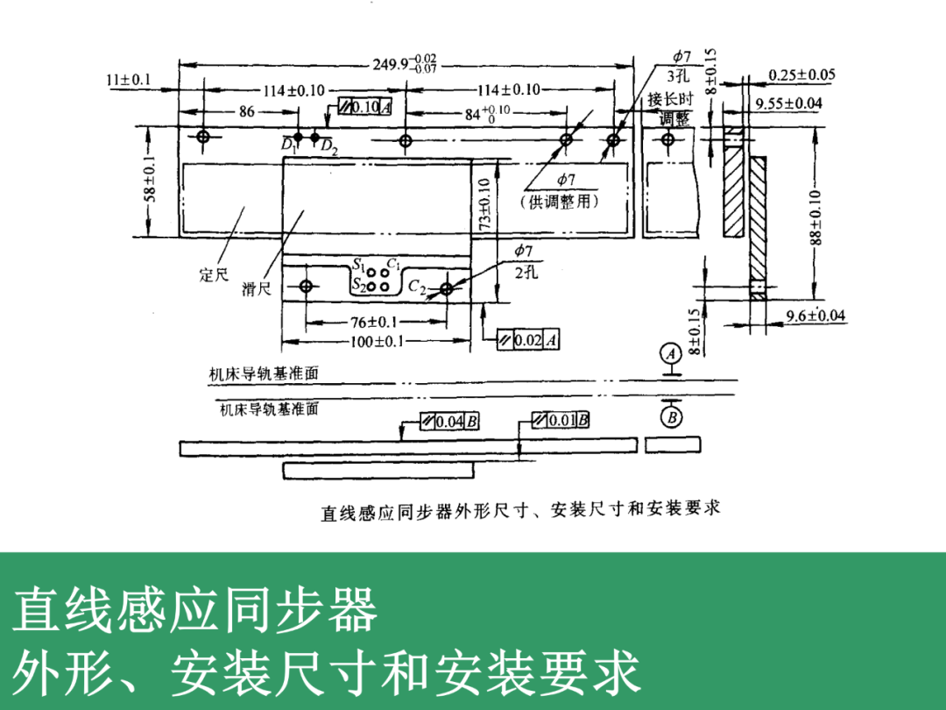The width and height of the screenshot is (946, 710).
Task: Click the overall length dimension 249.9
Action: pyautogui.click(x=405, y=65)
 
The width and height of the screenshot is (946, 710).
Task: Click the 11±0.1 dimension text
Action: pyautogui.click(x=129, y=80)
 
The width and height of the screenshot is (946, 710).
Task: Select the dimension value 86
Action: pyautogui.click(x=246, y=111)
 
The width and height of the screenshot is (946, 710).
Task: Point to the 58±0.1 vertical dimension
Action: pyautogui.click(x=152, y=181)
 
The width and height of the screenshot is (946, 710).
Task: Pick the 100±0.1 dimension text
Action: pyautogui.click(x=375, y=342)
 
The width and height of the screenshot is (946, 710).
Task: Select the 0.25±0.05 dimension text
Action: pyautogui.click(x=801, y=75)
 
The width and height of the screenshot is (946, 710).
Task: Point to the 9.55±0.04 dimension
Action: pyautogui.click(x=789, y=103)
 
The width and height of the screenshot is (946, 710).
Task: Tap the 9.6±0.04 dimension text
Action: pyautogui.click(x=815, y=316)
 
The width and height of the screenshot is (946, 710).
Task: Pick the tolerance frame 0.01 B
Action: pyautogui.click(x=561, y=421)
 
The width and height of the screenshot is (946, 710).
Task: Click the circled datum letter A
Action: pyautogui.click(x=672, y=354)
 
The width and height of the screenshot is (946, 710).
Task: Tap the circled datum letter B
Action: pyautogui.click(x=672, y=417)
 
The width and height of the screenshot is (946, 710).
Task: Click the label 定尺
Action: pyautogui.click(x=214, y=275)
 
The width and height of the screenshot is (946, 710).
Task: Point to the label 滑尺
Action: pyautogui.click(x=257, y=289)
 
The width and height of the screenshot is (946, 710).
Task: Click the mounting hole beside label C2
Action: pyautogui.click(x=447, y=288)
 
